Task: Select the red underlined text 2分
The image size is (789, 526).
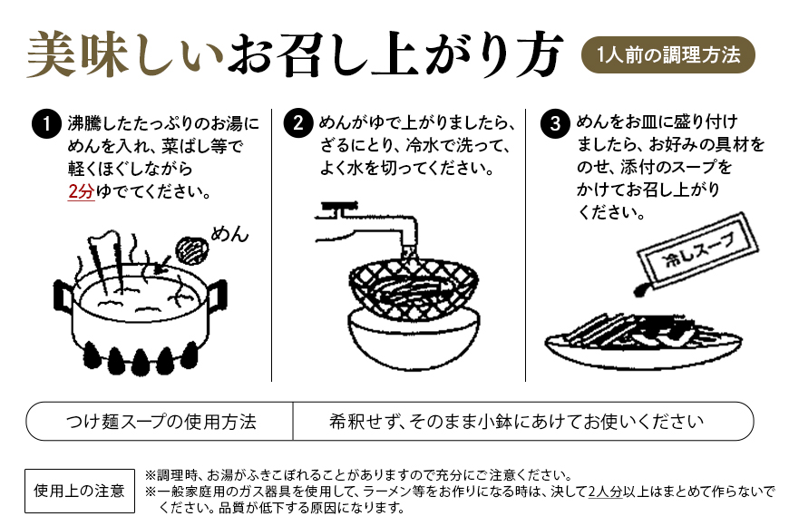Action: pyautogui.click(x=81, y=193)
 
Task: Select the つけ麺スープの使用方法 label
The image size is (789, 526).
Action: pyautogui.click(x=161, y=422)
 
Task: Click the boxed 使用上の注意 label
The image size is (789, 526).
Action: pyautogui.click(x=79, y=491)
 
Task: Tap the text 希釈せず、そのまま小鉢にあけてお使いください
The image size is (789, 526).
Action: pyautogui.click(x=517, y=422)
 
